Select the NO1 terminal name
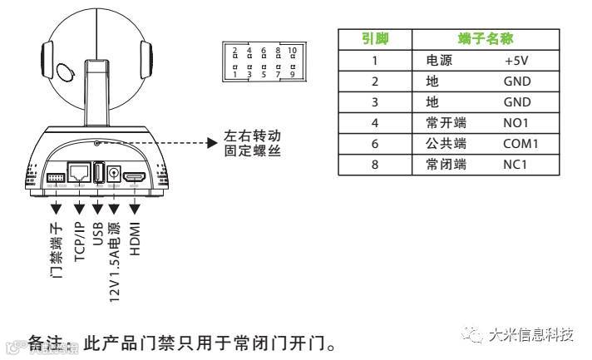[517, 123]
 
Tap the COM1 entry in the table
[522, 144]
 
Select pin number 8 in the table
[374, 165]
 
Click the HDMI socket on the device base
[136, 178]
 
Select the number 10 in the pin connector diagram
[291, 52]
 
